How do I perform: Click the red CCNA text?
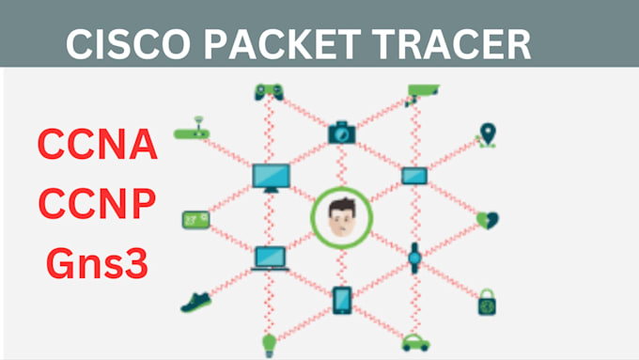pyautogui.click(x=98, y=146)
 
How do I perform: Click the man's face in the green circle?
pyautogui.click(x=342, y=219)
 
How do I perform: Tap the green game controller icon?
pyautogui.click(x=268, y=91)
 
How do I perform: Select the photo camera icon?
pyautogui.click(x=342, y=133)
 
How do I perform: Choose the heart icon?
pyautogui.click(x=488, y=220)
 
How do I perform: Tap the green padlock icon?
pyautogui.click(x=487, y=302)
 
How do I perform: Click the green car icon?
pyautogui.click(x=415, y=342)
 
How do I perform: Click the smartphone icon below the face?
pyautogui.click(x=342, y=300)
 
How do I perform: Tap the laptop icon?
pyautogui.click(x=270, y=257)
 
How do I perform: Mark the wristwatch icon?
pyautogui.click(x=415, y=256)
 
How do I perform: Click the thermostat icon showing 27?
pyautogui.click(x=195, y=219)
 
